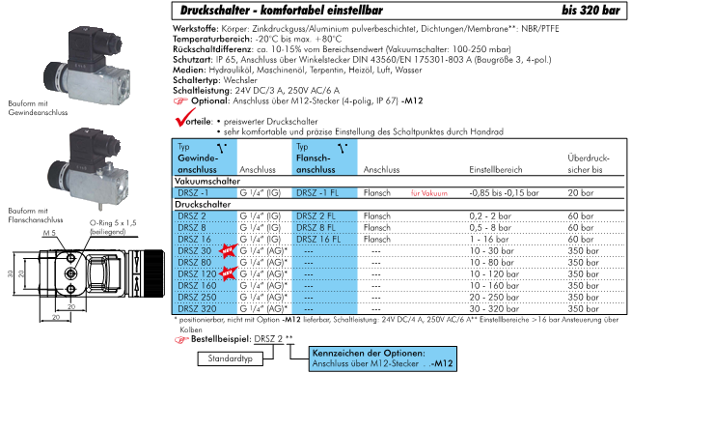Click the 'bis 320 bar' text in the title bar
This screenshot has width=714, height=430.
(670, 10)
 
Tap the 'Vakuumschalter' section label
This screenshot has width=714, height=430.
(206, 181)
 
